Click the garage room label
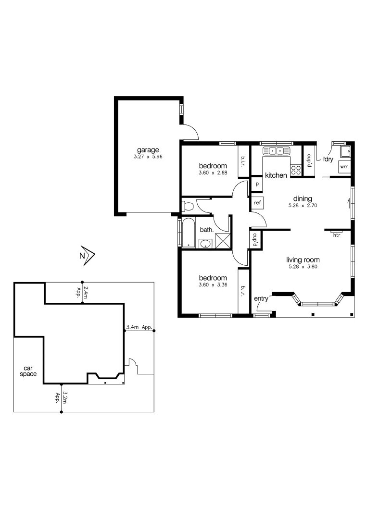click(147, 149)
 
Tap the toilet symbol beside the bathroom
click(188, 207)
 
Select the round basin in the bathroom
click(206, 243)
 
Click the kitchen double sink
click(277, 151)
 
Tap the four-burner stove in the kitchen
click(296, 170)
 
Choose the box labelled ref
click(257, 203)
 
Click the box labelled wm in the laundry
click(344, 166)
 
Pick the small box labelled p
click(257, 184)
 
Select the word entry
click(261, 298)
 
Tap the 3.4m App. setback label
click(139, 327)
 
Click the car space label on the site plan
click(28, 371)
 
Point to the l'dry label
click(328, 159)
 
